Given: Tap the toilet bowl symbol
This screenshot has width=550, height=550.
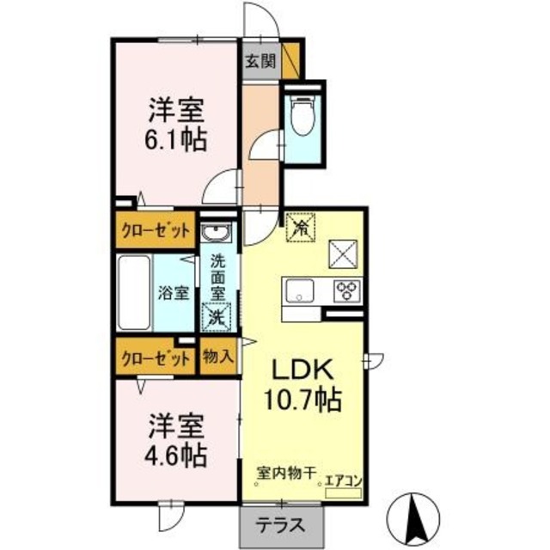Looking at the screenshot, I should point(302,117).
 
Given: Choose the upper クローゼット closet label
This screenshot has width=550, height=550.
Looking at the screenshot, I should point(154,230).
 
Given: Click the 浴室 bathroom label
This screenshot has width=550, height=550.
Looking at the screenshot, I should point(174,293).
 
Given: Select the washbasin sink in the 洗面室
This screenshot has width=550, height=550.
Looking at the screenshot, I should point(215,233).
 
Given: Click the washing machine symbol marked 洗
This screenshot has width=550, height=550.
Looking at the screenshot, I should point(215,316).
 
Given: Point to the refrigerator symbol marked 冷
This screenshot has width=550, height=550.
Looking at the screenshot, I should point(301,226).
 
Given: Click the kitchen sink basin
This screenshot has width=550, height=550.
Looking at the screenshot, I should point(301,290).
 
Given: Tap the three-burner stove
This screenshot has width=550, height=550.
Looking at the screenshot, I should point(347,290).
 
